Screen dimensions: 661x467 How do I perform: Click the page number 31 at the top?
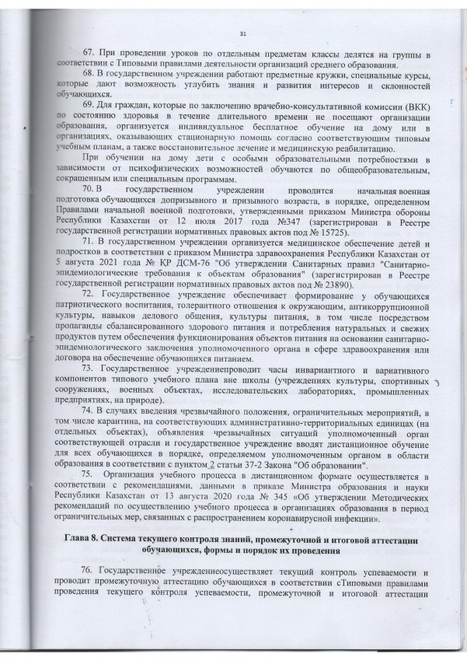[x=242, y=32]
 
